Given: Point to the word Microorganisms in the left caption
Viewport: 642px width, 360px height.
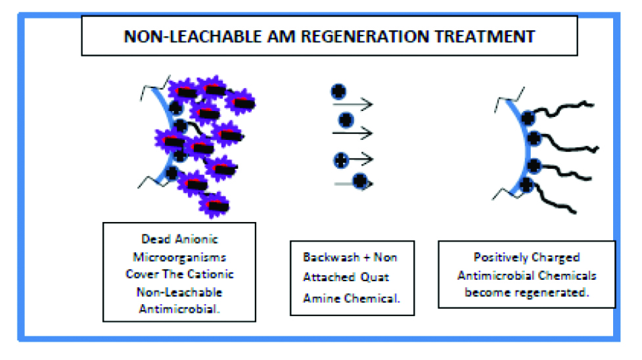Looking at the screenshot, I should point(179,257).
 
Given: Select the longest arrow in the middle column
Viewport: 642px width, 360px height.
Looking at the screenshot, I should point(352,133).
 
